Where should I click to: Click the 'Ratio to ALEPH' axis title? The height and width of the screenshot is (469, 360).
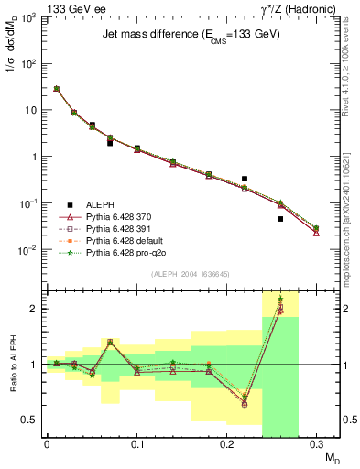pos(12,363)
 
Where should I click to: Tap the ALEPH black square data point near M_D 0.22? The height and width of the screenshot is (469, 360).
pos(245,179)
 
